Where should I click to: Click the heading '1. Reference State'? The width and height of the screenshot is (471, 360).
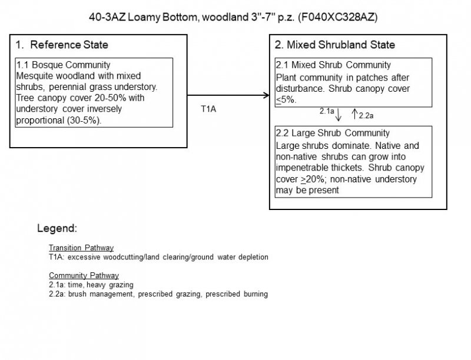tap(62, 45)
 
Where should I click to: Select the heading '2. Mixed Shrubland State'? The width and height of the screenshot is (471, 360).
tap(335, 45)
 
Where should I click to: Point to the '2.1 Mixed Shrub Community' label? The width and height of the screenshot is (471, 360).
tap(333, 65)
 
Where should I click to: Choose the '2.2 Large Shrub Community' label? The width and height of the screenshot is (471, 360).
tap(333, 133)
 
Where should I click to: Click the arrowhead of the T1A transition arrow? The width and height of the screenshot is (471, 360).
tap(264, 95)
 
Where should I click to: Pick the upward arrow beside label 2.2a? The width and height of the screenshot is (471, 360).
tap(354, 112)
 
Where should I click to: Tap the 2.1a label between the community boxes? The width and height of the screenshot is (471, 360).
tap(327, 110)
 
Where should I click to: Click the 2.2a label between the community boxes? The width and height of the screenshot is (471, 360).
tap(367, 115)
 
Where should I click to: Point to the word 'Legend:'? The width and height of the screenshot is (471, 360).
tap(57, 228)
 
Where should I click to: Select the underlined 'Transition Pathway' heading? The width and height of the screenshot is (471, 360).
tap(81, 248)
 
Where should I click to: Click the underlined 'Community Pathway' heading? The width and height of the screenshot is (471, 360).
tap(84, 275)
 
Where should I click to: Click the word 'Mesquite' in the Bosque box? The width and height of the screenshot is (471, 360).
tap(34, 76)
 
